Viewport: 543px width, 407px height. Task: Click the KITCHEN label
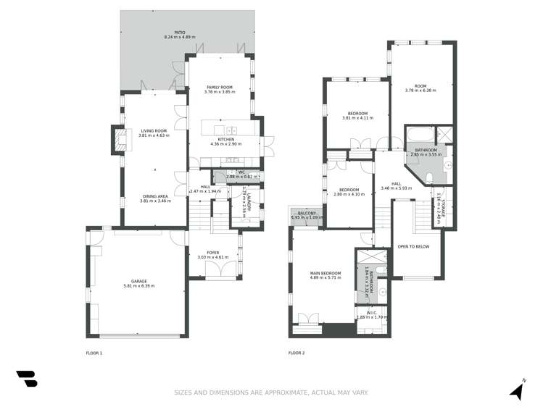(x=225, y=139)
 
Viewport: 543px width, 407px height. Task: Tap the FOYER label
(x=212, y=253)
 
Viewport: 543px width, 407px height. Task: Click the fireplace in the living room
(x=116, y=139)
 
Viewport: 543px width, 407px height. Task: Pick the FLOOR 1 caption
(x=94, y=353)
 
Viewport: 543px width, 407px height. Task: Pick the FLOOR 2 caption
(x=297, y=353)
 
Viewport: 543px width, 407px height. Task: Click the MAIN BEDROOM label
(x=326, y=272)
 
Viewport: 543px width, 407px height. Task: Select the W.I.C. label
(x=372, y=313)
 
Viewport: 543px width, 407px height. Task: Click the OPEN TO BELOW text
(x=413, y=246)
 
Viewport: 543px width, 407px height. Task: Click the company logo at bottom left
(x=26, y=379)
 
